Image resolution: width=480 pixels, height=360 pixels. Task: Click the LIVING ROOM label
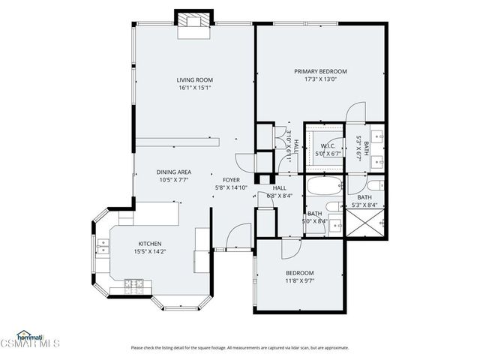click(x=195, y=80)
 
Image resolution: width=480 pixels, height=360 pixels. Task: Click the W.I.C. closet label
click(x=328, y=145)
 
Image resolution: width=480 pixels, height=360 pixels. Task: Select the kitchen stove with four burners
click(x=133, y=284)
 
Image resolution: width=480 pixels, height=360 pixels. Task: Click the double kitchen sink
click(x=100, y=242)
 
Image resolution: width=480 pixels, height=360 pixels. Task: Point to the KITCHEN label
click(x=149, y=244)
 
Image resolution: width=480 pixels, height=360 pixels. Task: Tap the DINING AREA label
click(x=173, y=172)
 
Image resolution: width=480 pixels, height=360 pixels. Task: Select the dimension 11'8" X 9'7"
click(x=299, y=280)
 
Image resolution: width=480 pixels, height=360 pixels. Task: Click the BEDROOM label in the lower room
click(x=299, y=272)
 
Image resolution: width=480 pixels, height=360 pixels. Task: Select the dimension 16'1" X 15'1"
click(x=195, y=88)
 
